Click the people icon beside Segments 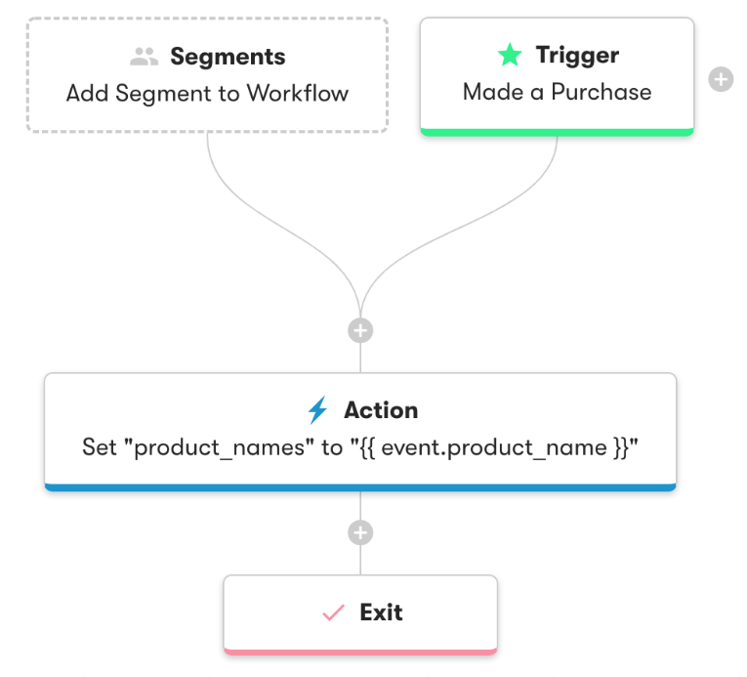(144, 57)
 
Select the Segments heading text (228, 57)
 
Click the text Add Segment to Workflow (207, 94)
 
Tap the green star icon (510, 56)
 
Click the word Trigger (577, 56)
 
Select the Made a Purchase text (557, 92)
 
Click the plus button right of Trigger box (721, 79)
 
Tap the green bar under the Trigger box (557, 131)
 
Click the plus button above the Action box (360, 331)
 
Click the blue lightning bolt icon (317, 410)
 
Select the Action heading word (381, 410)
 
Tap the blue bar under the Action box (360, 487)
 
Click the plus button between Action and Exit (360, 532)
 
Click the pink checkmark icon (334, 613)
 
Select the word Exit (381, 613)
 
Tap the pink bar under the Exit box (360, 650)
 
